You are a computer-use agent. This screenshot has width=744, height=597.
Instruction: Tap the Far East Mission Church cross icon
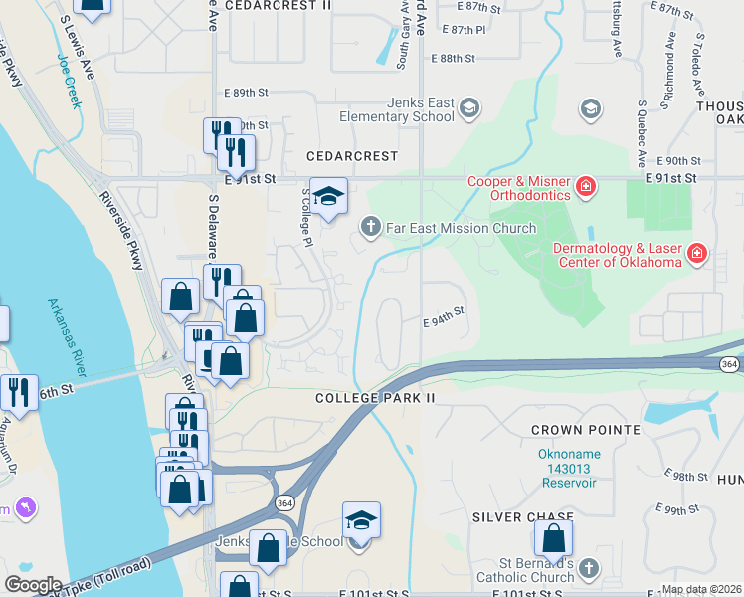[x=371, y=228]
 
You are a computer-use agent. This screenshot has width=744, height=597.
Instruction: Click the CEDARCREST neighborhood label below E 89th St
[x=352, y=157]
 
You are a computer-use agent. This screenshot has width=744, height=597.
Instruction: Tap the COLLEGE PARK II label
[x=376, y=398]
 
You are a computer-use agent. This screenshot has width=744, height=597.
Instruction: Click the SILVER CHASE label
[x=523, y=517]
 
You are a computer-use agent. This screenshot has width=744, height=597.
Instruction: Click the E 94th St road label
[x=444, y=322]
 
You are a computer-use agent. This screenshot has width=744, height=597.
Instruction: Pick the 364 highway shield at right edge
[x=731, y=365]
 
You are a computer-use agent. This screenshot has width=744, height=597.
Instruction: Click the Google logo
[x=32, y=585]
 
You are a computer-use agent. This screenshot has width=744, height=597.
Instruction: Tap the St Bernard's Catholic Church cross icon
[x=589, y=568]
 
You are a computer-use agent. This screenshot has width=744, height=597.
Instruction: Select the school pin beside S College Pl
[x=328, y=197]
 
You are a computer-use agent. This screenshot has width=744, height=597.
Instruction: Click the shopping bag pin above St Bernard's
[x=553, y=539]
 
